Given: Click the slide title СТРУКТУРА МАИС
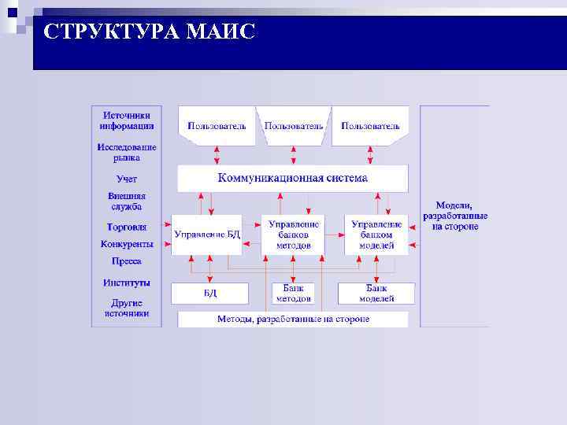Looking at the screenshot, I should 150,32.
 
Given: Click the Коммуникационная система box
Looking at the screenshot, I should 292,178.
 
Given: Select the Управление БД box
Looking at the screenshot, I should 206,235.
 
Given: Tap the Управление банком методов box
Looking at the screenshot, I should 294,235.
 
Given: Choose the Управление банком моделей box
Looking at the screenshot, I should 376,235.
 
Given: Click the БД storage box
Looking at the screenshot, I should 209,293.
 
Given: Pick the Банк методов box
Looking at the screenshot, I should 293,293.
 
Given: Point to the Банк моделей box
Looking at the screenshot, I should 376,293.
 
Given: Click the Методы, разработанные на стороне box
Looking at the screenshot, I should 293,320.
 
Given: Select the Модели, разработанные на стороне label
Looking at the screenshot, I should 454,216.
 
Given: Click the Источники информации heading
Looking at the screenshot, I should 127,120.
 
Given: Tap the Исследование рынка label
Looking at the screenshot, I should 127,152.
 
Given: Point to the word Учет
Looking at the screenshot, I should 127,179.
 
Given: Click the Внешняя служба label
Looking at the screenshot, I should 127,201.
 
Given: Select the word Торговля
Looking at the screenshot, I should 127,227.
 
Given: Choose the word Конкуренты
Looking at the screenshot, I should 127,244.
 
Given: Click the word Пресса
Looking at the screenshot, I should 127,261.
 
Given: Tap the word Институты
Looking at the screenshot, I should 127,283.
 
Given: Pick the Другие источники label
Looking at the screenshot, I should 127,307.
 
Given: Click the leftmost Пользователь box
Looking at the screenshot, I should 217,126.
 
